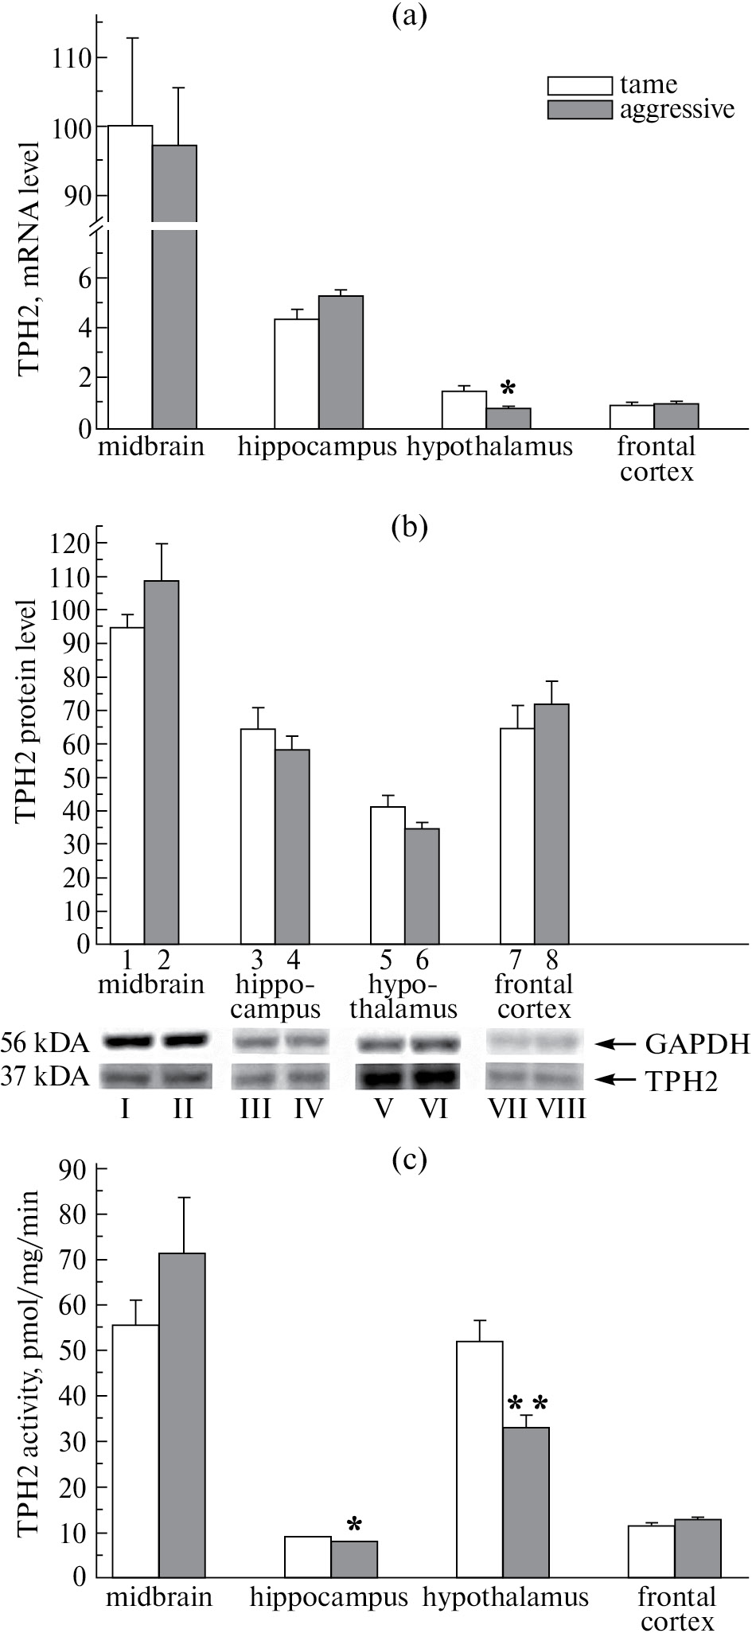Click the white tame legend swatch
(x=579, y=86)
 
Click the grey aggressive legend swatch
(x=579, y=110)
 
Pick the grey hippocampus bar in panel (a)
(x=341, y=362)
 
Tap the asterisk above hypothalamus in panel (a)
(x=508, y=389)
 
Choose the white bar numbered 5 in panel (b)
(x=388, y=875)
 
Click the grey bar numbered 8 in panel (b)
(x=551, y=824)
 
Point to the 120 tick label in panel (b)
(x=71, y=544)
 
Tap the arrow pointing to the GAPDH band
(x=618, y=1042)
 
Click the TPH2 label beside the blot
(x=682, y=1081)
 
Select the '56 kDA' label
(x=45, y=1042)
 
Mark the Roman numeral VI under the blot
(x=434, y=1109)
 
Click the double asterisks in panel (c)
(x=527, y=1404)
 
